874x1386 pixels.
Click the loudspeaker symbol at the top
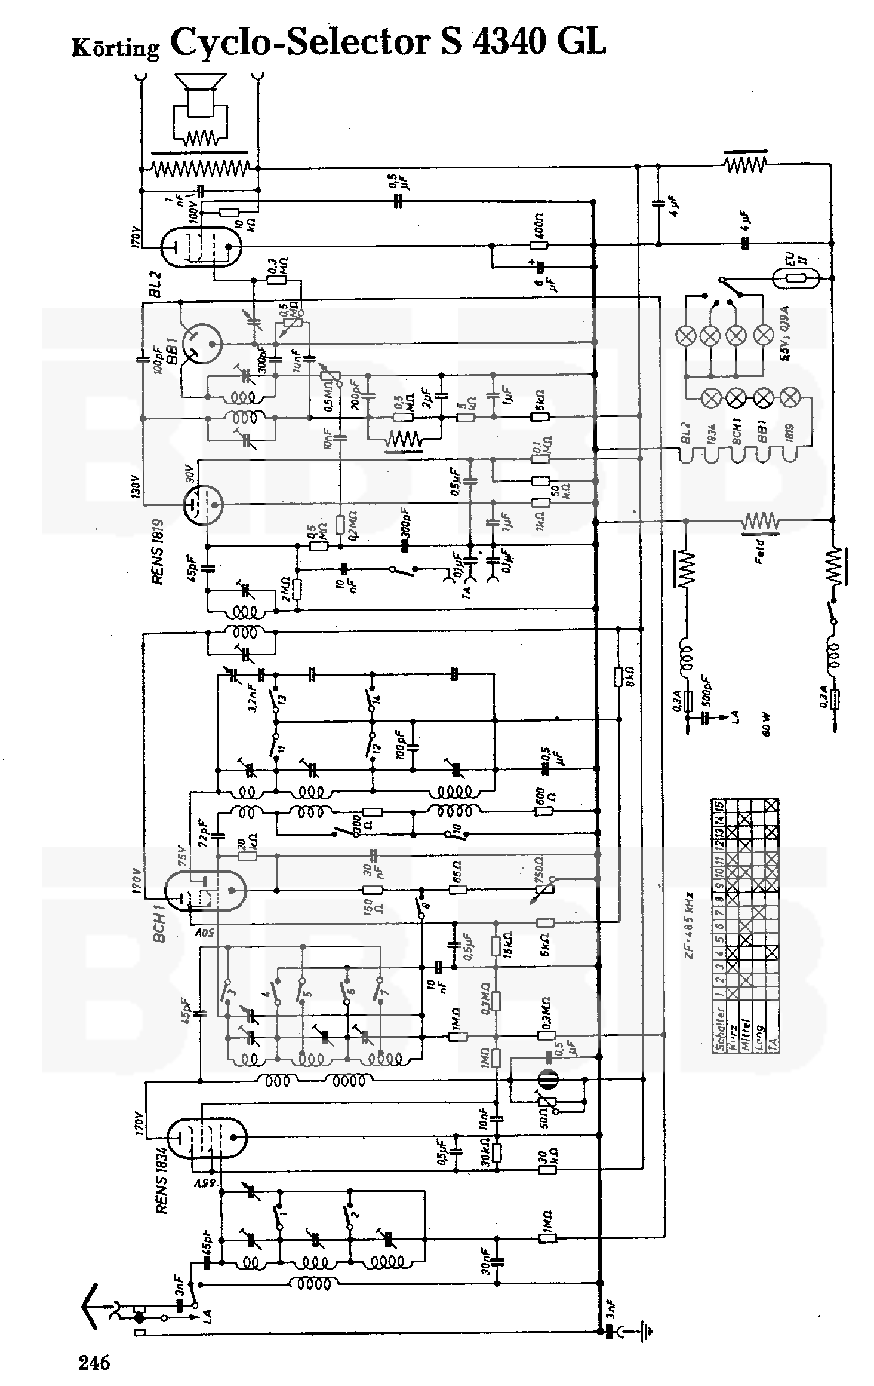coord(199,96)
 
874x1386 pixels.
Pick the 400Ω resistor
coord(540,244)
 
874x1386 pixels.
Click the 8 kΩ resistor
coord(619,676)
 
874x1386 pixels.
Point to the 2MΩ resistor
coord(297,589)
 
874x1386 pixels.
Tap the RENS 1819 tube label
coord(159,551)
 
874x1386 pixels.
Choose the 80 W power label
coord(766,724)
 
